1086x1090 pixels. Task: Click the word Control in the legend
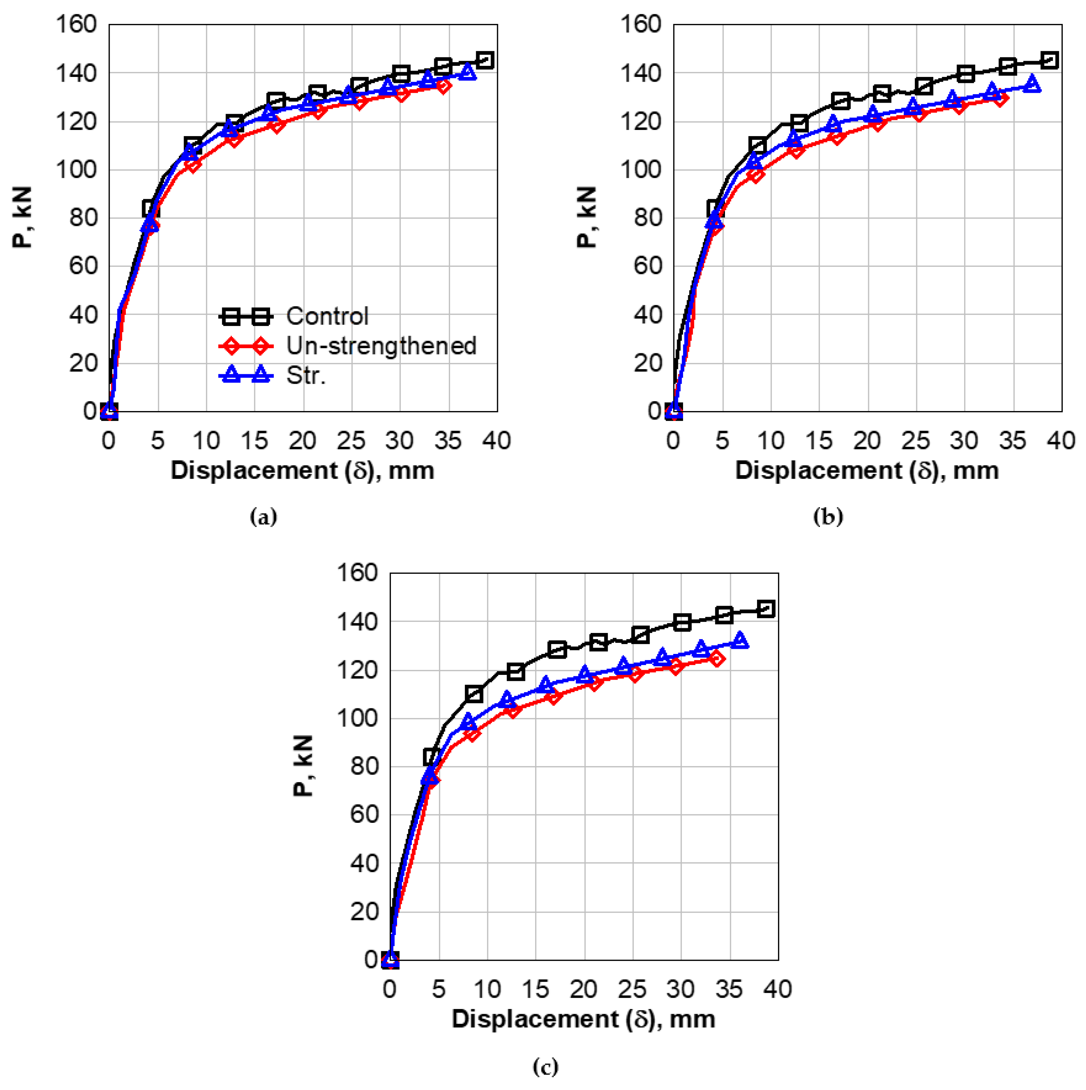click(327, 316)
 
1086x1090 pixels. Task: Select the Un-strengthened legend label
click(381, 346)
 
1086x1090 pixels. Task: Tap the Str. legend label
click(306, 376)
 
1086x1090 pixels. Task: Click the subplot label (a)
click(263, 516)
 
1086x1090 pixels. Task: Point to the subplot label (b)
click(828, 516)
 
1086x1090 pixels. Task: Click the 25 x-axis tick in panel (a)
click(351, 440)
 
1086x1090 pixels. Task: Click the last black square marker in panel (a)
click(485, 60)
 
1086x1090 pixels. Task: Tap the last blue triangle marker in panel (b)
click(1032, 84)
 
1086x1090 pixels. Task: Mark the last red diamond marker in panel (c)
click(717, 658)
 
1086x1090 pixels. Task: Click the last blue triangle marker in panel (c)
click(740, 641)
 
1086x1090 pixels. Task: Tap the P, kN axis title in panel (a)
click(22, 218)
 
